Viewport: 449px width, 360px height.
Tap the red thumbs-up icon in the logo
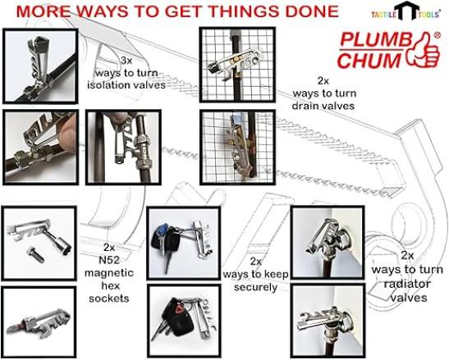click(x=424, y=51)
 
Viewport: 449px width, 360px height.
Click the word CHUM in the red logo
click(x=370, y=61)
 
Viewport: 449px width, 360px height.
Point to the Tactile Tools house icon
click(x=406, y=11)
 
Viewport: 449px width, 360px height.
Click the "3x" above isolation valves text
click(x=126, y=61)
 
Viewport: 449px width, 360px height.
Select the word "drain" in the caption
click(x=305, y=106)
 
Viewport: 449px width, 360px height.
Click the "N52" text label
click(x=109, y=260)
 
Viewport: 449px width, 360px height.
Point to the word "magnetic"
click(x=109, y=273)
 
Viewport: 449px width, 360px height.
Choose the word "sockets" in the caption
click(x=109, y=298)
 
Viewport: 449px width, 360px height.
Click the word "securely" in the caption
click(x=256, y=287)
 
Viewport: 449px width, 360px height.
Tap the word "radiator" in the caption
click(x=407, y=284)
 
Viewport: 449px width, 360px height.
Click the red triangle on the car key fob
click(x=180, y=309)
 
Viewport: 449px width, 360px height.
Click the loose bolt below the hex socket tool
click(x=35, y=254)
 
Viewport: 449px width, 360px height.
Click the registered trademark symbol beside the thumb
click(x=438, y=35)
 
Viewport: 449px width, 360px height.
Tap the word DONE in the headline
click(x=312, y=11)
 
